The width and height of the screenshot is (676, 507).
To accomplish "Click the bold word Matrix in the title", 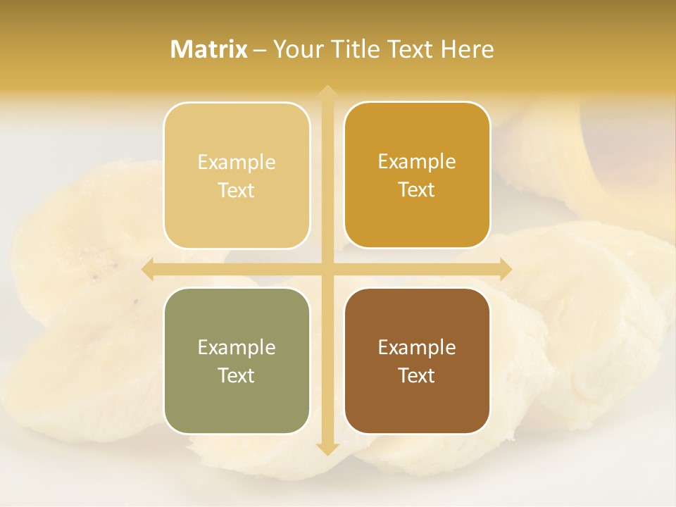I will [209, 49].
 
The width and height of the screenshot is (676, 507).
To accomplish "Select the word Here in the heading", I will [468, 49].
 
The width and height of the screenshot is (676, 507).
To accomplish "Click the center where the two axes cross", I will [327, 269].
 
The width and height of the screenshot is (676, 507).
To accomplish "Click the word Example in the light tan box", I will [237, 163].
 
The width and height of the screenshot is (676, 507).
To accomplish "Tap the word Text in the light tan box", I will [237, 190].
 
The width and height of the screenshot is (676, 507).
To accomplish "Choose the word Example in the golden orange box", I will [417, 162].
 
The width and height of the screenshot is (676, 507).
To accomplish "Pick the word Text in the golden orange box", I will [417, 189].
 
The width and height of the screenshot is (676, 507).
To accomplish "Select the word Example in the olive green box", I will [237, 348].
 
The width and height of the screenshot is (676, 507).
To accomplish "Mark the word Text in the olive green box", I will [237, 375].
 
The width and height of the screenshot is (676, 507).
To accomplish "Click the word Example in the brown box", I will [417, 348].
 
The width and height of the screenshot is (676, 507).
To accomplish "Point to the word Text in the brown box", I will [417, 375].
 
